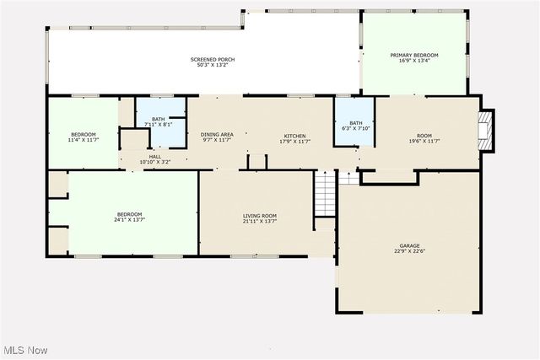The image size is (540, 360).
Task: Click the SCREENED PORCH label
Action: (x=212, y=59)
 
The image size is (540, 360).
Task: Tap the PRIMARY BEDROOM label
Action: (x=413, y=55)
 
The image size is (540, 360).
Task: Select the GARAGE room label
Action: (x=409, y=246)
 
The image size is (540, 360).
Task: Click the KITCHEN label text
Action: (x=294, y=136)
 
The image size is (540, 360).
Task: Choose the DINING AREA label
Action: (x=216, y=135)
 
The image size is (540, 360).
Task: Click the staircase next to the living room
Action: (x=326, y=193)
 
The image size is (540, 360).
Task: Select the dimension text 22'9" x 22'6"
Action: (x=409, y=251)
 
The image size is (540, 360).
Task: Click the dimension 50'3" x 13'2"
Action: (x=212, y=65)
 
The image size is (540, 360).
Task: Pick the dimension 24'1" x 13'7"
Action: (x=129, y=220)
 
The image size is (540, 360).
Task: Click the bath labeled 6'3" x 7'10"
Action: (x=354, y=126)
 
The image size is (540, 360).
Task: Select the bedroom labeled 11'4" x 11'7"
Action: (x=83, y=137)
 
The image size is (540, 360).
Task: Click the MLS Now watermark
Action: (x=24, y=350)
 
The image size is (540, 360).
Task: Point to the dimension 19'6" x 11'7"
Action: (x=424, y=141)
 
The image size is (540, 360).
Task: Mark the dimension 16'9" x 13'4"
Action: (x=413, y=61)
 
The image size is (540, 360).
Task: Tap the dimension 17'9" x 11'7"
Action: (x=294, y=141)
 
